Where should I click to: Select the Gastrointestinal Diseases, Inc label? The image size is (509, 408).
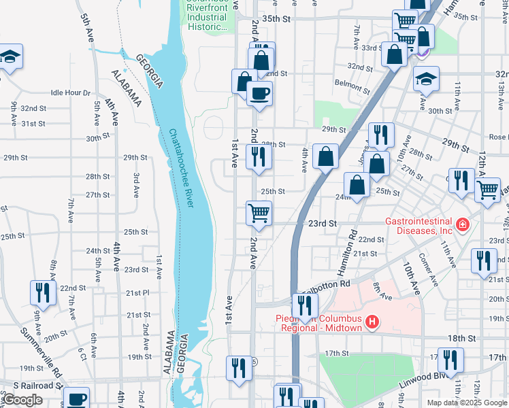point(419,225)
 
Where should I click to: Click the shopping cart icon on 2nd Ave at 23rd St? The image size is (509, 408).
point(259,212)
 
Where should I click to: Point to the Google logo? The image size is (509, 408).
point(22,400)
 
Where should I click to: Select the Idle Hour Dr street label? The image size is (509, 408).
point(70,92)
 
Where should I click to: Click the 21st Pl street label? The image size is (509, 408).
point(137,293)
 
